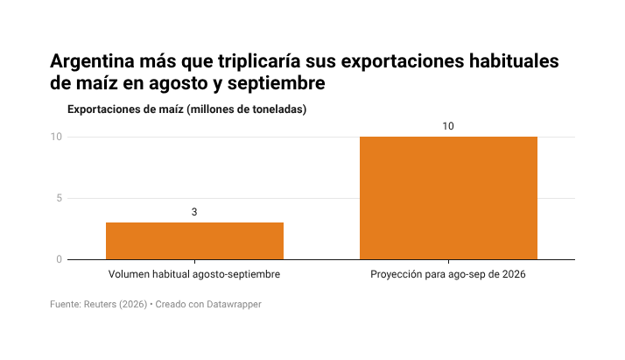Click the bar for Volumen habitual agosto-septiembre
click(194, 241)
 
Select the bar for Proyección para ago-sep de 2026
click(448, 198)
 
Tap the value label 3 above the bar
click(194, 212)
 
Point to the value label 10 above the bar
click(448, 126)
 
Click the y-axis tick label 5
click(60, 198)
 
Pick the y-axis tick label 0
click(60, 259)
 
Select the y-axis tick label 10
click(56, 137)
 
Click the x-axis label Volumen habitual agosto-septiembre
click(194, 274)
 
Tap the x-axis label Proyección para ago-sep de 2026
click(448, 274)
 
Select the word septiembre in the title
click(277, 84)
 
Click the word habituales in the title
click(514, 61)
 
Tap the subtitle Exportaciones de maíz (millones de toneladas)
click(187, 109)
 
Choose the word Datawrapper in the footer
click(234, 305)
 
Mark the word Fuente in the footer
click(66, 304)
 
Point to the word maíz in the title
click(97, 83)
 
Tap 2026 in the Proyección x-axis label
click(514, 274)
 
